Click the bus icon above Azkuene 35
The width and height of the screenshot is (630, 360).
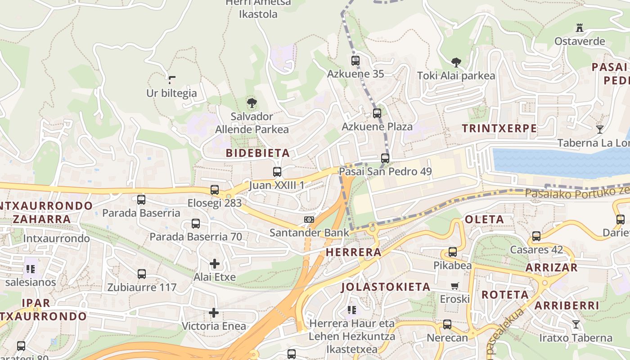[x=355, y=60]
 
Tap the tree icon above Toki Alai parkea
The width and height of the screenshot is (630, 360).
[x=456, y=62]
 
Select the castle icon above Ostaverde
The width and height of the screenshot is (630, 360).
[x=580, y=28]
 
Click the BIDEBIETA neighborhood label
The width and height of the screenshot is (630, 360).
[x=258, y=153]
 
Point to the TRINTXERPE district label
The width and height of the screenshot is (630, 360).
[x=499, y=128]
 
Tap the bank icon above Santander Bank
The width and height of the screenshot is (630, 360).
[x=309, y=220]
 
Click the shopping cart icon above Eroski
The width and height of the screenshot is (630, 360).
[x=455, y=286]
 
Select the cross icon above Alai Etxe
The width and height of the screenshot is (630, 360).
[x=215, y=264]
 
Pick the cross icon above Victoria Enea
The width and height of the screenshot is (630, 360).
[x=214, y=313]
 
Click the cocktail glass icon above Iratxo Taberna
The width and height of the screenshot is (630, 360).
[x=576, y=324]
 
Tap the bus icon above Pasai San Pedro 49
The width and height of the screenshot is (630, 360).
[x=385, y=158]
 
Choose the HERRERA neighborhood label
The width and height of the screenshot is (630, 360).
[x=354, y=252]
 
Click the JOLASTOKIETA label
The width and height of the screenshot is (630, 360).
[x=386, y=287]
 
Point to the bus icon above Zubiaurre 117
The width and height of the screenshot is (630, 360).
[x=142, y=274]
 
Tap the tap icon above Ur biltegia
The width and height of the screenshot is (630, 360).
[x=171, y=80]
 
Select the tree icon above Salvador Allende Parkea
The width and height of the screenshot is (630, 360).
[x=252, y=103]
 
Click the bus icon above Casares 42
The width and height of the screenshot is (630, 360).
[x=536, y=236]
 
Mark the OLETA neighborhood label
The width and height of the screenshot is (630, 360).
[x=484, y=220]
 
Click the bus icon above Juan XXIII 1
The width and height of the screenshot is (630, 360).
[x=277, y=172]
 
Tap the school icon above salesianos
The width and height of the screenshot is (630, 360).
[x=31, y=269]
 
